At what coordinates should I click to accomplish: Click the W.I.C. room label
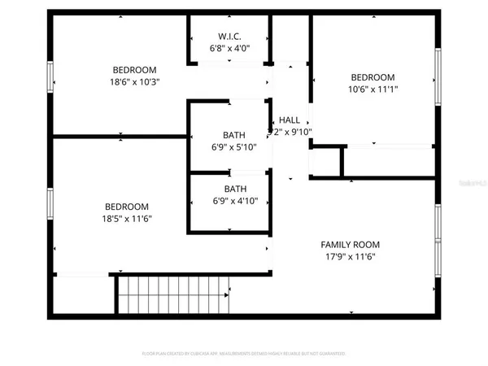click(229, 36)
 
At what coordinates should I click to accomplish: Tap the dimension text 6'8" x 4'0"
click(229, 48)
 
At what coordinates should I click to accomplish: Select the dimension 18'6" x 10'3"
click(134, 82)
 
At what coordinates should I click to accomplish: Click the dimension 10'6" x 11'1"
click(373, 89)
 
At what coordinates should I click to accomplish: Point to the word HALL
click(290, 120)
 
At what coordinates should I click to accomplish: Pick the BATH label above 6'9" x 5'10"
click(235, 135)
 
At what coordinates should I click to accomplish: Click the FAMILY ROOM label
click(350, 244)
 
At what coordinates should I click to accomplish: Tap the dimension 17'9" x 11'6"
click(350, 256)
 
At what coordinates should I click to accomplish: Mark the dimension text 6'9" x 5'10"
click(235, 147)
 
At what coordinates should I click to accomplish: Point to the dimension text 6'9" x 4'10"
click(235, 201)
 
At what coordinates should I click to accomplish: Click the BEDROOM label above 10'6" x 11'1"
click(373, 76)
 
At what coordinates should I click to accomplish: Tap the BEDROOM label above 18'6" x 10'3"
click(134, 70)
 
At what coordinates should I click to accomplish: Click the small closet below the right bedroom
click(325, 163)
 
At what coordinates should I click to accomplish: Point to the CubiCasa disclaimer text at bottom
click(244, 354)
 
